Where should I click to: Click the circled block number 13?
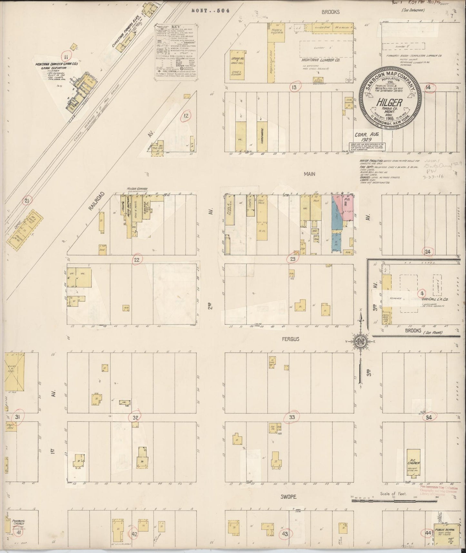294,87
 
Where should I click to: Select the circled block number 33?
292,417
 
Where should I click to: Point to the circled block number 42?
134,534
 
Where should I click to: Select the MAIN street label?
309,174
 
